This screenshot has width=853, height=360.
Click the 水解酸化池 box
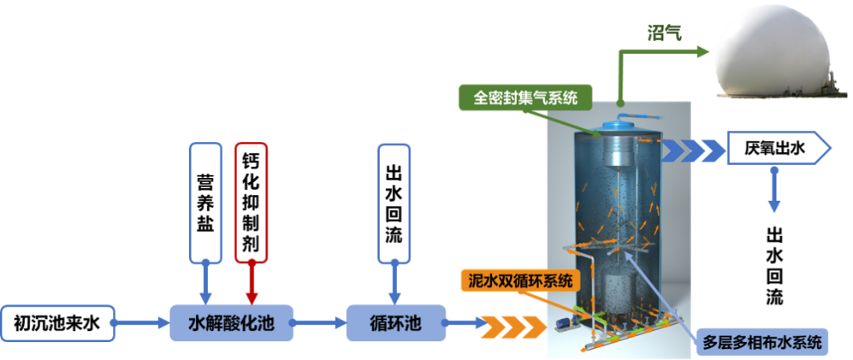(231, 322)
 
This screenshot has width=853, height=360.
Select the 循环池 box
(396, 322)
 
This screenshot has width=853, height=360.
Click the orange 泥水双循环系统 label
(519, 280)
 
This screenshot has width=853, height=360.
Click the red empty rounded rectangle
(251, 202)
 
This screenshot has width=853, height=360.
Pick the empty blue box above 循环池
(393, 202)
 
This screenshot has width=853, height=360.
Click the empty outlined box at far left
(59, 323)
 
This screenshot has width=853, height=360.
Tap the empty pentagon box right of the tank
(777, 147)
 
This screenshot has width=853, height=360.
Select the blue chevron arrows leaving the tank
(691, 149)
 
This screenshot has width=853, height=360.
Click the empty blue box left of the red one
(206, 202)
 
